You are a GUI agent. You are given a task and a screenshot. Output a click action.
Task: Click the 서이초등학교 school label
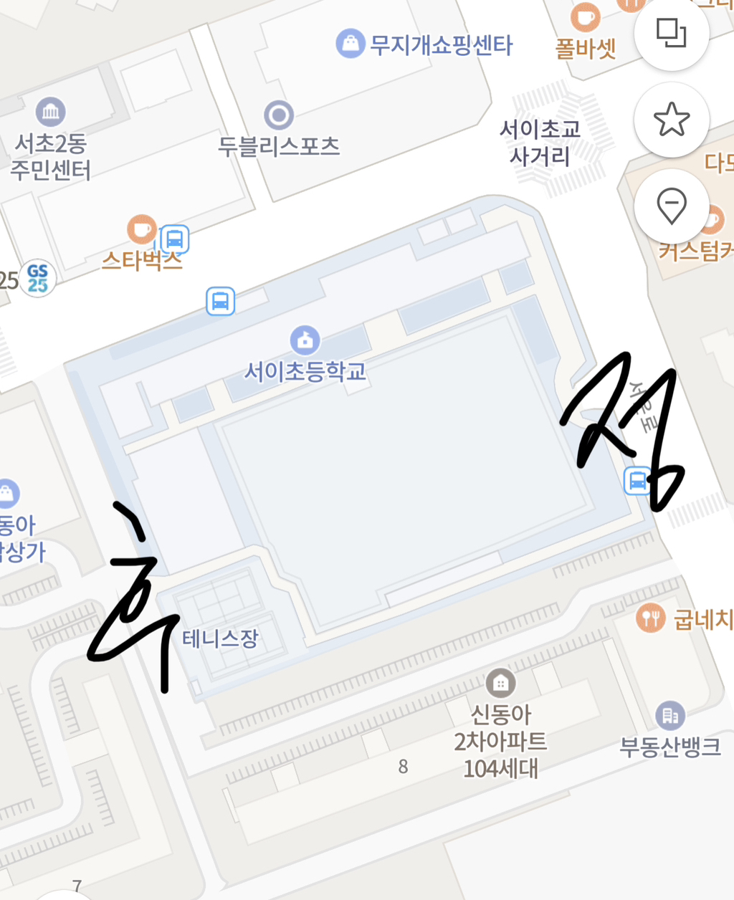click(x=305, y=371)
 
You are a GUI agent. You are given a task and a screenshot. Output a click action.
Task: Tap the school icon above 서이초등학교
click(x=305, y=340)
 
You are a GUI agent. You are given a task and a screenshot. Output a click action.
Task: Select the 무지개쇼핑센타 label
click(x=442, y=45)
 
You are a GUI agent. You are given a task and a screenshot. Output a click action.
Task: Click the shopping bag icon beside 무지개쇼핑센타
click(x=350, y=44)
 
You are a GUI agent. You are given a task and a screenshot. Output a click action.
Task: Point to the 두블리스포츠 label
click(x=279, y=147)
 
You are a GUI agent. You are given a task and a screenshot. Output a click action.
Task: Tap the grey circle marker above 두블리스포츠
click(x=279, y=115)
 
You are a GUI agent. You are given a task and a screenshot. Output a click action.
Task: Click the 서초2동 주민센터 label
click(x=51, y=158)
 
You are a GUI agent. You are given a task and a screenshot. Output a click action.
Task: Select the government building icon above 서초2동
click(x=51, y=112)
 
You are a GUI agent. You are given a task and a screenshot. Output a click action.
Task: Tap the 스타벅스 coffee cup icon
click(x=142, y=229)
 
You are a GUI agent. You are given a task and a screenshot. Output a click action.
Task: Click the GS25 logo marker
click(x=37, y=279)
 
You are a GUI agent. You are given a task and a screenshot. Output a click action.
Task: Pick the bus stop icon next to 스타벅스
click(x=174, y=239)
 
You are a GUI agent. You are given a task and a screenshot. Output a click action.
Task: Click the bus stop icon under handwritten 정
click(x=637, y=481)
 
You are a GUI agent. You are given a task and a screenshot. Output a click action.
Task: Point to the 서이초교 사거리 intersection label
click(x=540, y=143)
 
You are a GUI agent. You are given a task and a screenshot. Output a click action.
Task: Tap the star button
click(x=672, y=120)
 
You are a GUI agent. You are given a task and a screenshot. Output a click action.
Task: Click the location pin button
click(x=672, y=207)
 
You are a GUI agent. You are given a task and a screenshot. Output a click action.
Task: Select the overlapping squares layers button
click(x=672, y=33)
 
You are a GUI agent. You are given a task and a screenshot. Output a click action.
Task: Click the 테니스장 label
click(x=220, y=638)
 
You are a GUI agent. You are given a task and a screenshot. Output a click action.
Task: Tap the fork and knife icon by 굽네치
click(x=650, y=618)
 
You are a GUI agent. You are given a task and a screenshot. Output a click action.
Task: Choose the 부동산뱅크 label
click(x=670, y=747)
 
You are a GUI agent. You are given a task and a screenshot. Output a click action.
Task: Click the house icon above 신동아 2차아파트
click(x=500, y=684)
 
